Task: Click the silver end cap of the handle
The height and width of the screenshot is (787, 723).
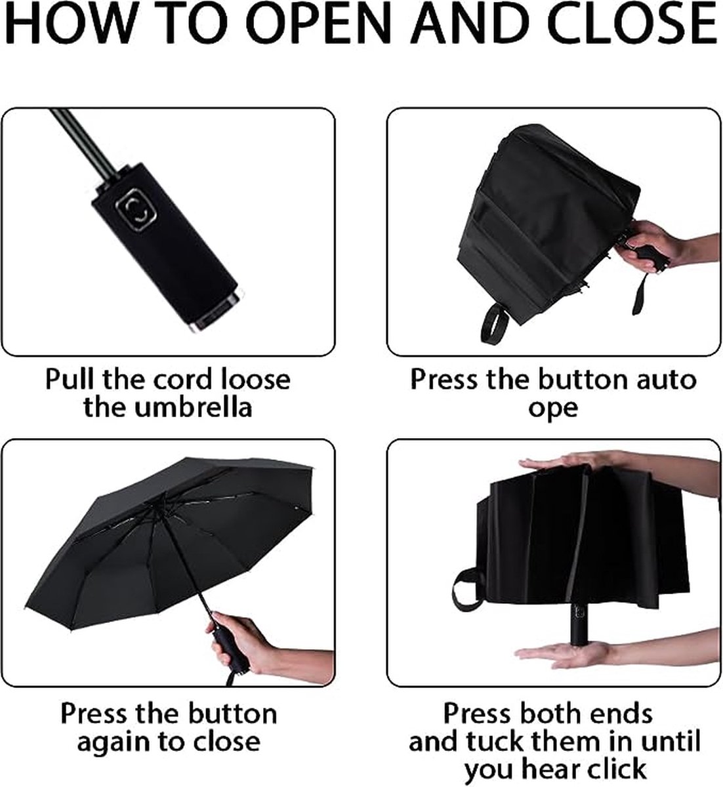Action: click(x=220, y=312)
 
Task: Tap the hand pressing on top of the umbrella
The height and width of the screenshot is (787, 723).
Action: click(x=581, y=464)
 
